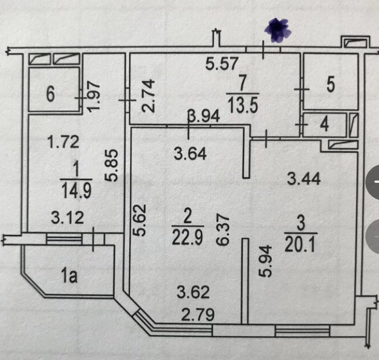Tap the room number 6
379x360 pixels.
pyautogui.click(x=50, y=95)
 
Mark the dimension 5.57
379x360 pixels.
pyautogui.click(x=221, y=65)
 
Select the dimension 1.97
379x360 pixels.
pyautogui.click(x=95, y=93)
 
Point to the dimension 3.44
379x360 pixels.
pyautogui.click(x=304, y=180)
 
